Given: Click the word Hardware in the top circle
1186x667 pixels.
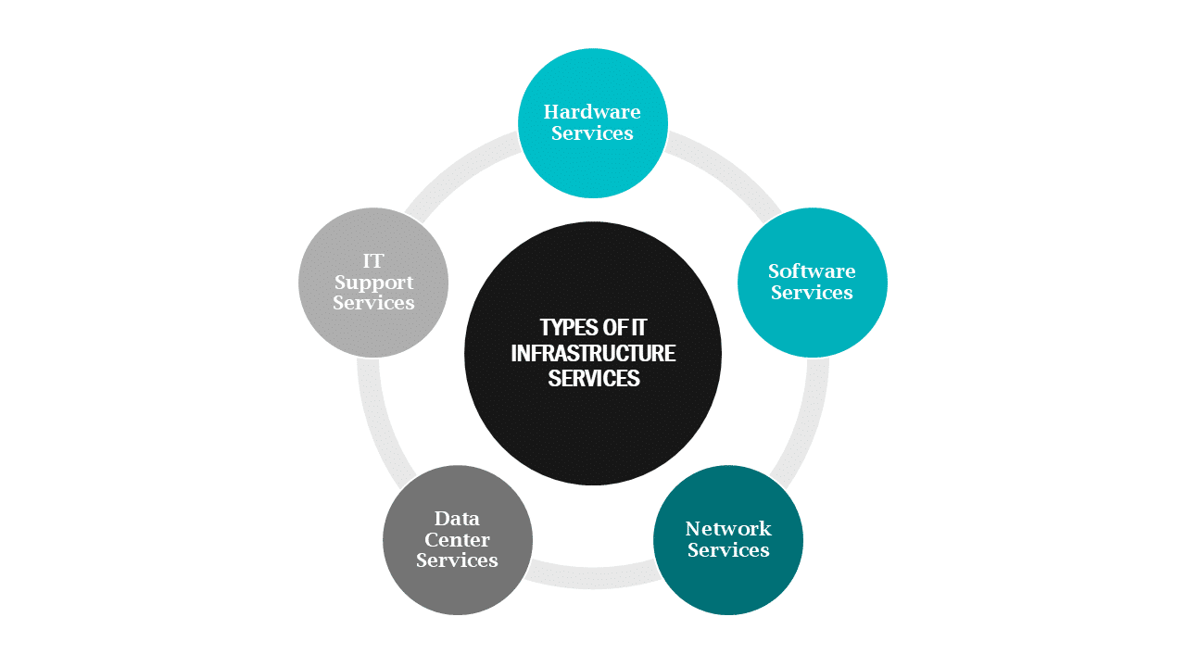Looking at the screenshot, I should coord(592,112).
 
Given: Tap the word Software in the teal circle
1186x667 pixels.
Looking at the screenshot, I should coord(812,271).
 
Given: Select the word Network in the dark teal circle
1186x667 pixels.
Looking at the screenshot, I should coord(728,529).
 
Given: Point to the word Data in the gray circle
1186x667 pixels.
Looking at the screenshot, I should coord(457,519).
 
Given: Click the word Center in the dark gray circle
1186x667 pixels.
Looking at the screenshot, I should coord(457,540).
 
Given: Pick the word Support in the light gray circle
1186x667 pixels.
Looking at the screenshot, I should coord(373,283).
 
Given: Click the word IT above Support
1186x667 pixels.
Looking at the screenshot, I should coord(373,261).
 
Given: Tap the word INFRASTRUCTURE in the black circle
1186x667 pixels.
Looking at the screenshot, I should coord(593,353).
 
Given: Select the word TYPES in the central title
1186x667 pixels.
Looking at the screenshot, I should coord(567,328).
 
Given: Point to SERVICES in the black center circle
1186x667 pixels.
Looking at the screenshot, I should coord(593,378).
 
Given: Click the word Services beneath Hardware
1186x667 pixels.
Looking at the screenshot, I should coord(592,133).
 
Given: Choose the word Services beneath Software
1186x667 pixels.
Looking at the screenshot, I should coord(812,293).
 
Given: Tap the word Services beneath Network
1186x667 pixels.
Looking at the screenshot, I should coord(728,550).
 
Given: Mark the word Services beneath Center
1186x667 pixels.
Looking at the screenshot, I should coord(457,560).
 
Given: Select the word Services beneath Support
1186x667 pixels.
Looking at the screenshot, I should coord(373,303).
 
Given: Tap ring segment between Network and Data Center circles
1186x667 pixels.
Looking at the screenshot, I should coord(593,578).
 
